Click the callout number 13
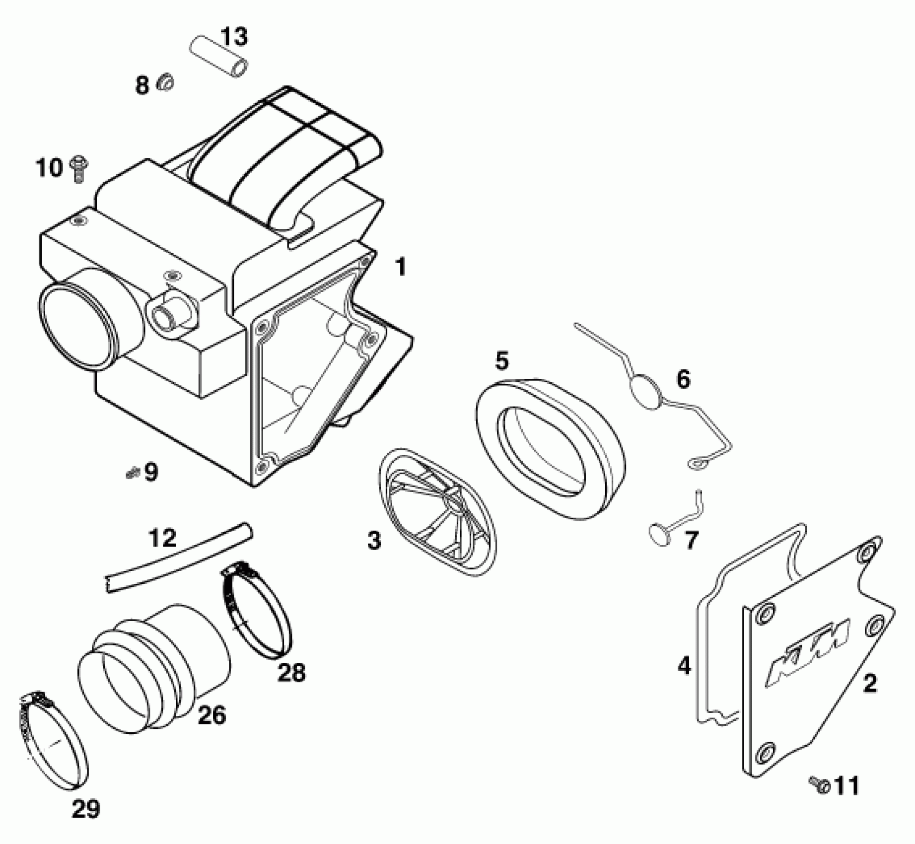coord(234,37)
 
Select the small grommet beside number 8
coord(165,83)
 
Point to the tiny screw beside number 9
coord(132,473)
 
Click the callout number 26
coord(212,715)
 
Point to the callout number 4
coord(684,666)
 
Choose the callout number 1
coord(400,268)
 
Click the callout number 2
coord(870,684)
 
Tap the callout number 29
coord(85,809)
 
